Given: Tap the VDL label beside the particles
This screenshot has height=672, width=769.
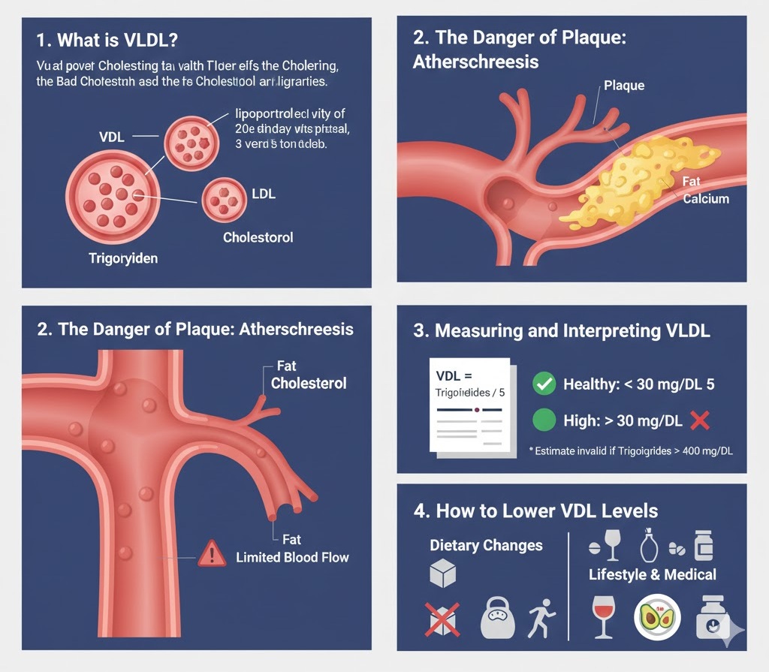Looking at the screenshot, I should pos(111,137).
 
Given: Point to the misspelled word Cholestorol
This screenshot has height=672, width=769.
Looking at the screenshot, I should pos(258,237).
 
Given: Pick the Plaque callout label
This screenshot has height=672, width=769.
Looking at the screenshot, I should pos(624,86).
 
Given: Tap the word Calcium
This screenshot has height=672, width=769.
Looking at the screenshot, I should pos(706,199).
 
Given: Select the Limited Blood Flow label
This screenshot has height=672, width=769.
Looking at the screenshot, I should pos(292,557).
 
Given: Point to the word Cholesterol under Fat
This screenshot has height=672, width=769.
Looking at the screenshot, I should pos(309,383).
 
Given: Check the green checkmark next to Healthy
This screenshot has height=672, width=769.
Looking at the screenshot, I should pos(543,384).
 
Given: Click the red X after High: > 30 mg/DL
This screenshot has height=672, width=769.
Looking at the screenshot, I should pos(699,420).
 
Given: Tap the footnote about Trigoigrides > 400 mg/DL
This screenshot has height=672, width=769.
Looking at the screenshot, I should pos(631,451).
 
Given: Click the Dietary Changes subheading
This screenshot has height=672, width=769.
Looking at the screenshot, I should pos(486,545).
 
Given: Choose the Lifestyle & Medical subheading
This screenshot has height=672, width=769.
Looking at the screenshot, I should pos(652,574).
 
